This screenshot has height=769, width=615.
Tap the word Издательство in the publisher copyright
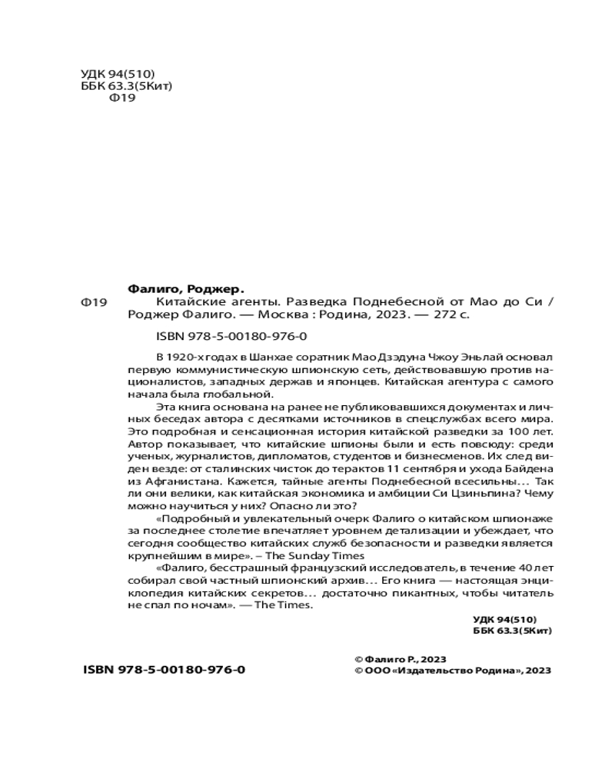pos(434,671)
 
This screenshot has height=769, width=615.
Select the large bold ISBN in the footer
pos(165,670)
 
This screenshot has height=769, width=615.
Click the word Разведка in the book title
pos(317,302)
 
